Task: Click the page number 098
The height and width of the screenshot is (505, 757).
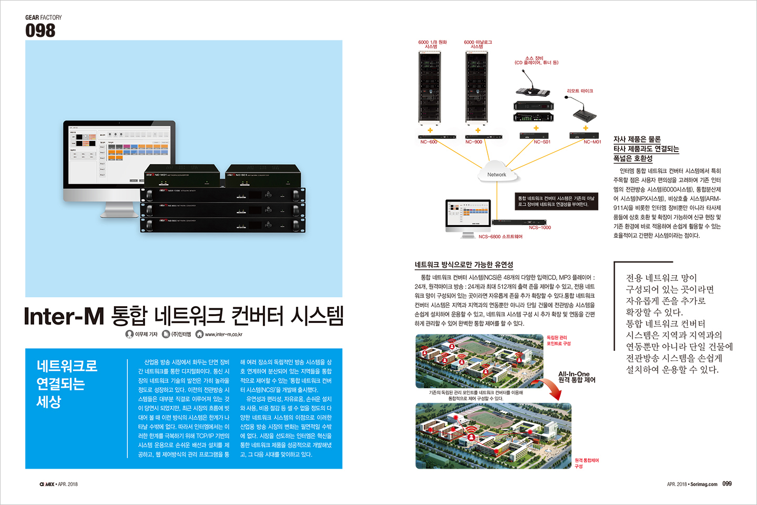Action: pyautogui.click(x=40, y=31)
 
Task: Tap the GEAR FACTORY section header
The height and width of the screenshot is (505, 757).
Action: pyautogui.click(x=43, y=17)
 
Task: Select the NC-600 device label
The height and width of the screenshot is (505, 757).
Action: pyautogui.click(x=428, y=142)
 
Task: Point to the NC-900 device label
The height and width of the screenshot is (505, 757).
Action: pyautogui.click(x=474, y=142)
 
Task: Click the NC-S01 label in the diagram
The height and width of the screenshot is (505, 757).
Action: pyautogui.click(x=542, y=142)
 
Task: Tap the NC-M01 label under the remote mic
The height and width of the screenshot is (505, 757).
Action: pyautogui.click(x=592, y=142)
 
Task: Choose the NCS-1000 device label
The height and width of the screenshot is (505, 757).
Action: pyautogui.click(x=540, y=228)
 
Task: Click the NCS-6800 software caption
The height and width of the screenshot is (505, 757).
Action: pyautogui.click(x=500, y=237)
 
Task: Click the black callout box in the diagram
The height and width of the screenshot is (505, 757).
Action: pyautogui.click(x=556, y=201)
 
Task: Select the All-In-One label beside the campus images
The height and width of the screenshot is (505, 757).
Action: pyautogui.click(x=574, y=374)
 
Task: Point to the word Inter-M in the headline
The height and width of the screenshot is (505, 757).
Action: pyautogui.click(x=64, y=316)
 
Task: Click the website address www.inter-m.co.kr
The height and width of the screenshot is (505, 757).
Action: pyautogui.click(x=223, y=335)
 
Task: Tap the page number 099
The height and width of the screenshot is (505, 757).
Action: pyautogui.click(x=727, y=484)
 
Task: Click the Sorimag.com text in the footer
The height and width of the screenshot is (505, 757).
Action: pyautogui.click(x=704, y=484)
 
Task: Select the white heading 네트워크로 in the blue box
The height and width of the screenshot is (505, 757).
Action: pyautogui.click(x=67, y=366)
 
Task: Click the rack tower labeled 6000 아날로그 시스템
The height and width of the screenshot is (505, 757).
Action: pyautogui.click(x=477, y=87)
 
